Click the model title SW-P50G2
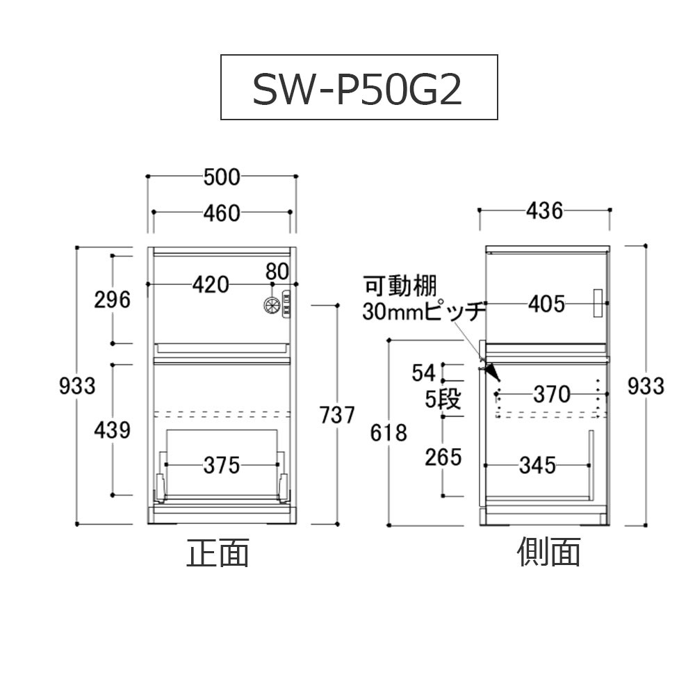(x=358, y=88)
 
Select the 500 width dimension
(x=222, y=178)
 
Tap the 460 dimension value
(x=222, y=213)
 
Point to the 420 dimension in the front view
(x=211, y=284)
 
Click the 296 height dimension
(x=113, y=300)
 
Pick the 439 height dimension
(x=113, y=430)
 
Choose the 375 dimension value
(x=222, y=465)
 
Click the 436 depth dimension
(x=544, y=211)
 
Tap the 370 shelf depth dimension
(x=552, y=395)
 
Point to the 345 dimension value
(x=537, y=465)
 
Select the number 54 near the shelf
(x=423, y=372)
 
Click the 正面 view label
(x=217, y=554)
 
